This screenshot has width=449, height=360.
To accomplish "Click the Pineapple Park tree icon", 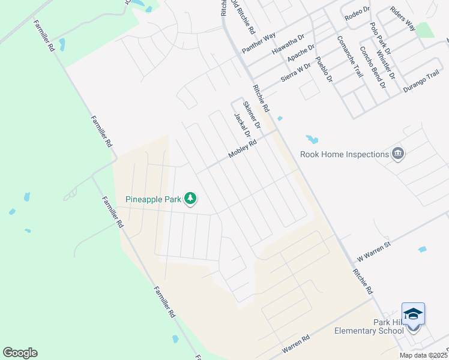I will coord(190,199).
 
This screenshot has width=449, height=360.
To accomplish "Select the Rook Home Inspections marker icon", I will coord(397,154).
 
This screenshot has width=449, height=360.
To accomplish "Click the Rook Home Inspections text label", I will coord(345,155).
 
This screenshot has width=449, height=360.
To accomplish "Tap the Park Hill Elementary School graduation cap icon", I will coord(413,314).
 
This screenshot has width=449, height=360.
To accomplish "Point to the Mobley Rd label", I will coord(243,150).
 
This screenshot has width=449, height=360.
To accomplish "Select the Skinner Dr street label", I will coord(252,115).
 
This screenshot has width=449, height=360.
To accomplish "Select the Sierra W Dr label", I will coord(296,73).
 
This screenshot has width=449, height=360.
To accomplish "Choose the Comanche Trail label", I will coord(350,58).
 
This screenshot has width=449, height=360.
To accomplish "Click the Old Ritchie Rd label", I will coord(244,18).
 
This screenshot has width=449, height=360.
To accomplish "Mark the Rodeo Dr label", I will coord(357,14).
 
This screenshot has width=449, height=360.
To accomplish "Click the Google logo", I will coord(20,353).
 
